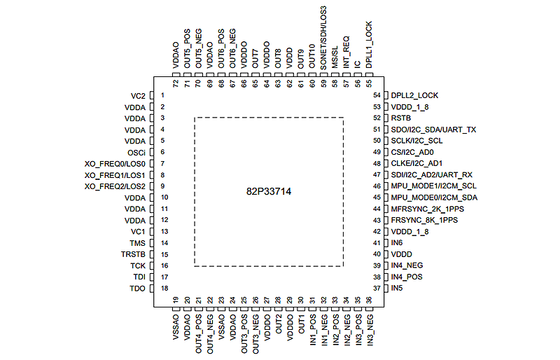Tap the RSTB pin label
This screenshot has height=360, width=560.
(401, 118)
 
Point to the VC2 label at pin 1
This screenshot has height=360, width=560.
(138, 95)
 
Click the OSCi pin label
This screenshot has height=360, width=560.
(136, 152)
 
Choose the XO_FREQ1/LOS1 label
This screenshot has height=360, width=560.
(115, 175)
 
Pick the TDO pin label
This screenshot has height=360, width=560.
(137, 289)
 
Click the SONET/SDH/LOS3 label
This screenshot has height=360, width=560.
(323, 38)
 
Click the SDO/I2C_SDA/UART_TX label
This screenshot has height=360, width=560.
(433, 130)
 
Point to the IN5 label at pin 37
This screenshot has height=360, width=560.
(397, 288)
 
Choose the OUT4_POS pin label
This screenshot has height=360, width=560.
(199, 333)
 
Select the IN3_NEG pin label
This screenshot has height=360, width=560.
(369, 333)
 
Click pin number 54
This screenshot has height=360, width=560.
(377, 95)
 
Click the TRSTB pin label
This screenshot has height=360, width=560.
(133, 254)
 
